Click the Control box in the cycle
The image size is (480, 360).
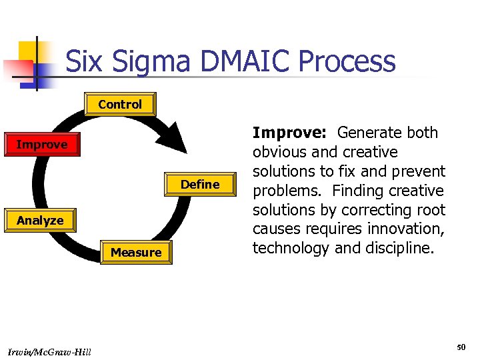(120, 105)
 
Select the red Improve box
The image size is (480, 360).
(41, 145)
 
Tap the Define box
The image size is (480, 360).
(200, 185)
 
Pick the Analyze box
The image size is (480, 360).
(40, 221)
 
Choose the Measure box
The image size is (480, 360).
(136, 253)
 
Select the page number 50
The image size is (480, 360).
(461, 347)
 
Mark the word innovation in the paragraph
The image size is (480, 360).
(409, 229)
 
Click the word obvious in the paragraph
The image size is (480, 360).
(279, 152)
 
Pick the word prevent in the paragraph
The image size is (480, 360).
(419, 171)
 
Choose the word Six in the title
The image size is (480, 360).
(84, 62)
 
